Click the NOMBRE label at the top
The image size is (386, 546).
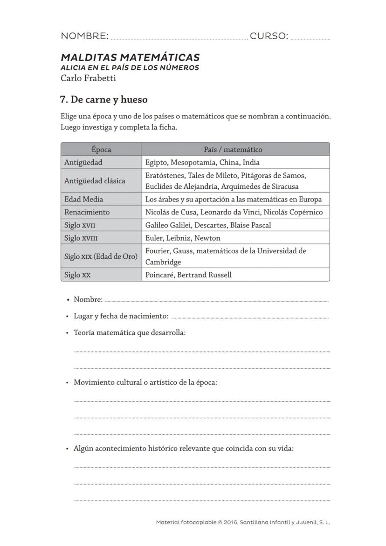(84, 36)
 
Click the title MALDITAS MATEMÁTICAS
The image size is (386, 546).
(130, 57)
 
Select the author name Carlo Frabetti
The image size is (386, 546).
(88, 78)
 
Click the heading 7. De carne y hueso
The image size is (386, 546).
(104, 99)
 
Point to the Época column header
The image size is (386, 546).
(101, 150)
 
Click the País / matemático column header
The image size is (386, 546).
(233, 150)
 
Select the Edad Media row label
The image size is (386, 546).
(84, 199)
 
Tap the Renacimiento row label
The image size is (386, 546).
(87, 212)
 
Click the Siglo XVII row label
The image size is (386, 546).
(80, 225)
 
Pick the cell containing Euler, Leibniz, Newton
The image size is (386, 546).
(183, 238)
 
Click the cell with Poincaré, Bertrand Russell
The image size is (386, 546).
(188, 275)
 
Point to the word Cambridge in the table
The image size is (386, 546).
(163, 262)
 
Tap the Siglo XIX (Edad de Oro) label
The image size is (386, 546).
(101, 256)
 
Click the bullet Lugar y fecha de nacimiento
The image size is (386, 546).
(121, 316)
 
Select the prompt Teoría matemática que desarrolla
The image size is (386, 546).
(130, 333)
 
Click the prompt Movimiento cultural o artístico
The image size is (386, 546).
(145, 382)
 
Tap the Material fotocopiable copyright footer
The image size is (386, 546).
(243, 523)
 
